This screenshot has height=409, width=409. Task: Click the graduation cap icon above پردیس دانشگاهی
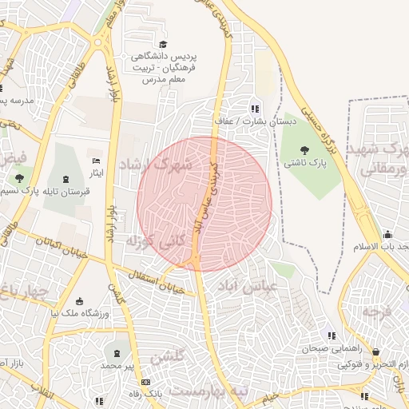click(164, 45)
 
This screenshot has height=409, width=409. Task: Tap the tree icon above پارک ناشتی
click(304, 149)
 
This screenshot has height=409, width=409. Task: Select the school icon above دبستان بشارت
click(255, 109)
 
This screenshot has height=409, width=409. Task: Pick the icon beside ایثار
click(97, 162)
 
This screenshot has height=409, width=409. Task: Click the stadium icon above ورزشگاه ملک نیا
click(80, 301)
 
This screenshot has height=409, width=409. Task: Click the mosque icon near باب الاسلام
click(387, 235)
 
